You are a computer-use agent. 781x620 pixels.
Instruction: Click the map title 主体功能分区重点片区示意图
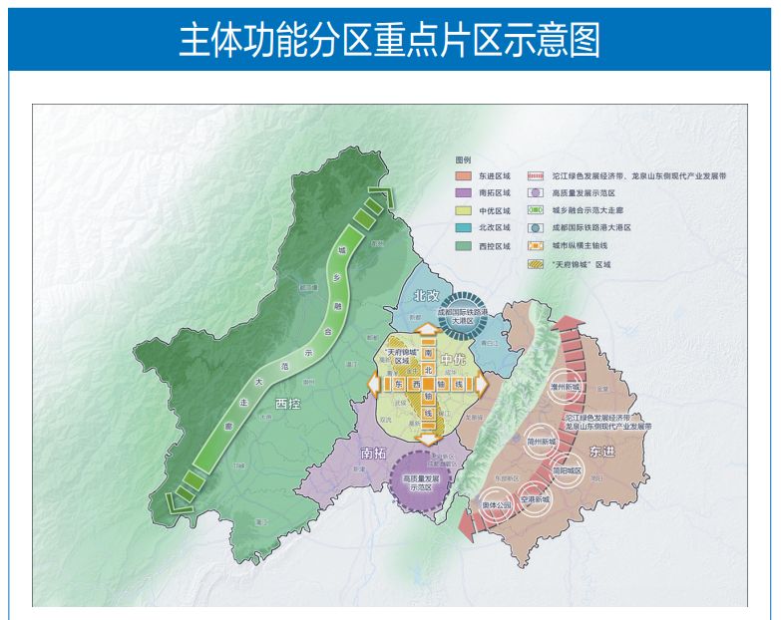click(389, 39)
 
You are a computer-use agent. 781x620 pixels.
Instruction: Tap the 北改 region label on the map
click(427, 296)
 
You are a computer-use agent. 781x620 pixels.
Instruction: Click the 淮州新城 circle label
click(566, 384)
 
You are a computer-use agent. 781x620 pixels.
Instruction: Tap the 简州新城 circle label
click(545, 441)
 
